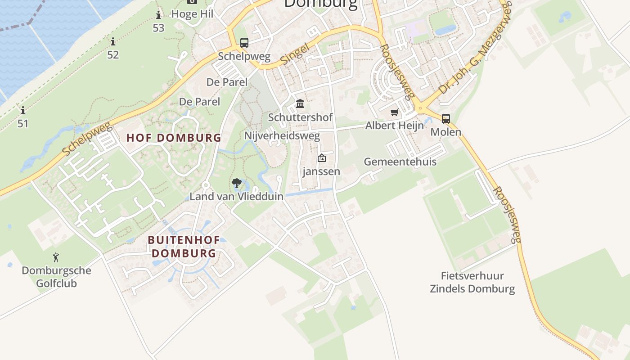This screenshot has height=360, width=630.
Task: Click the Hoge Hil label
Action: point(192,14)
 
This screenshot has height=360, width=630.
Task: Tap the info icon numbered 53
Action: point(158,15)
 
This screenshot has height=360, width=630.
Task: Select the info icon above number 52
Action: point(113,42)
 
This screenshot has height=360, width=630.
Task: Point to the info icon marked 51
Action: point(22,110)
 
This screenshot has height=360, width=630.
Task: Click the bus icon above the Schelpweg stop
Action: point(244,43)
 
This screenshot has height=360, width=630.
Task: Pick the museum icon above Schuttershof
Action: point(300,104)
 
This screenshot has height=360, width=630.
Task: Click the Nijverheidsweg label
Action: point(282,135)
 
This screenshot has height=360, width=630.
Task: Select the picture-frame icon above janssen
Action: point(321,158)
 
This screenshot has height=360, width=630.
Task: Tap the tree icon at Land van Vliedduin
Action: point(236,183)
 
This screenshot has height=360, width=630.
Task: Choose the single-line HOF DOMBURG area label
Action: point(174,138)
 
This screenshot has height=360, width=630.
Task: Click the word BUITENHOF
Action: point(184,240)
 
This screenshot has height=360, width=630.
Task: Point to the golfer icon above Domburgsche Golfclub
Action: point(56,257)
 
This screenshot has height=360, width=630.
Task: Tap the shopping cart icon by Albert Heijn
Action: point(395,112)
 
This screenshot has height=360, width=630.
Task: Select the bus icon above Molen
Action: point(445,119)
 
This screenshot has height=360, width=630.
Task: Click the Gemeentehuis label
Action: point(400,162)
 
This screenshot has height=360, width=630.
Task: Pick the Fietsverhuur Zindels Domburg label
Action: point(472,282)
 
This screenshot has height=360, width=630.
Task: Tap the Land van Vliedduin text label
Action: point(236,196)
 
